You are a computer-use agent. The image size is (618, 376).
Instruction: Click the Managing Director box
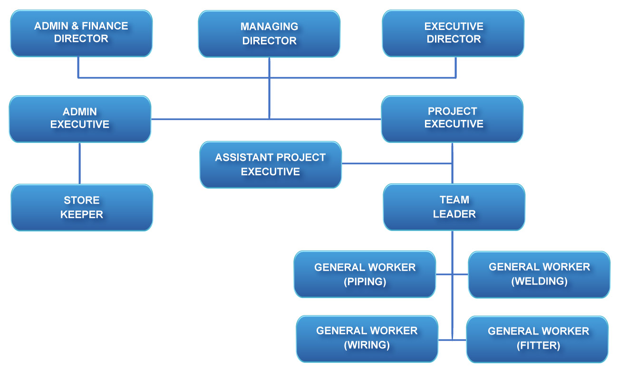269,34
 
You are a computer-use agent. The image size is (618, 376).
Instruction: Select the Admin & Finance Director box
81,33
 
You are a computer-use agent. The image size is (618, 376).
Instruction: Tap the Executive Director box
453,33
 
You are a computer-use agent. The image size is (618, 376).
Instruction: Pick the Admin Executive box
80,119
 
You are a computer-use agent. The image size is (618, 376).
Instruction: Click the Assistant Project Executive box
270,164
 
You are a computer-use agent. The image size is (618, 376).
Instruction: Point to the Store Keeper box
82,208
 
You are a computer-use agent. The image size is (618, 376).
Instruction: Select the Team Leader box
454,207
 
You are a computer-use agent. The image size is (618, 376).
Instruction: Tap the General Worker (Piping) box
365,274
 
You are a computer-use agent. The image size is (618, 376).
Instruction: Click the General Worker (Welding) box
539,274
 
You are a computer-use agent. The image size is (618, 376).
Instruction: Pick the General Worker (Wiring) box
367,338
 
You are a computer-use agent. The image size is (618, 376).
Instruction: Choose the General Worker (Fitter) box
538,338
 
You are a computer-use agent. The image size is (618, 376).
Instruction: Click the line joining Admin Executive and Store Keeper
80,163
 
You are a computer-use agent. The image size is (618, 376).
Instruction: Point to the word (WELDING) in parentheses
539,281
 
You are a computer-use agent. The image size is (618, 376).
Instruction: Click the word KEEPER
82,215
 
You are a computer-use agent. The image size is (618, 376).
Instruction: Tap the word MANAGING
269,27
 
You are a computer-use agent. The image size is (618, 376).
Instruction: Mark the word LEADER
454,214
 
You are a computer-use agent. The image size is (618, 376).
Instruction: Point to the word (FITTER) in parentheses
538,346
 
